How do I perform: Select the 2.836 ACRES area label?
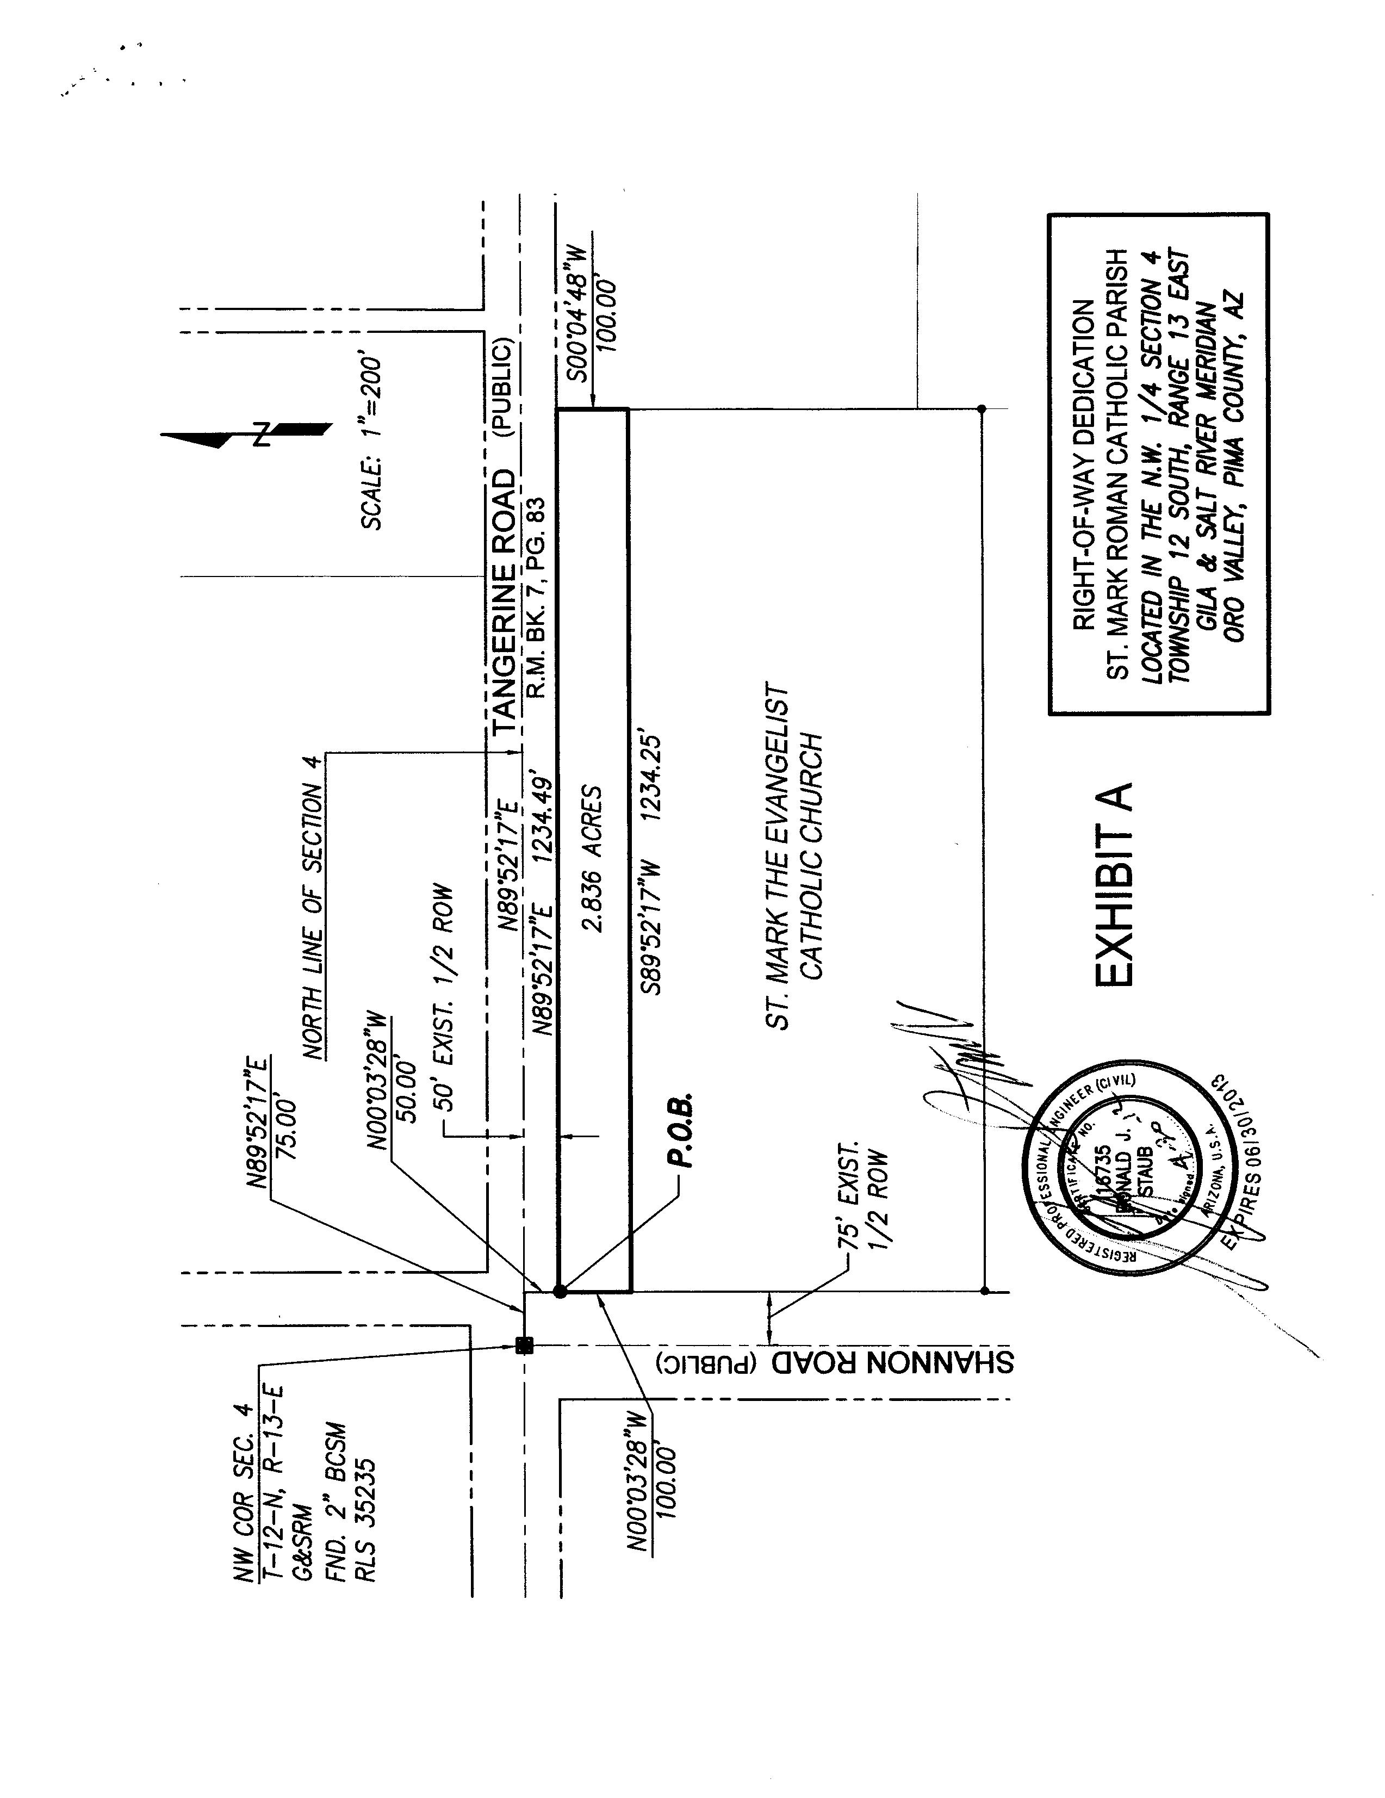click(x=593, y=859)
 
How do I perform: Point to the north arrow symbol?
click(x=247, y=434)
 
